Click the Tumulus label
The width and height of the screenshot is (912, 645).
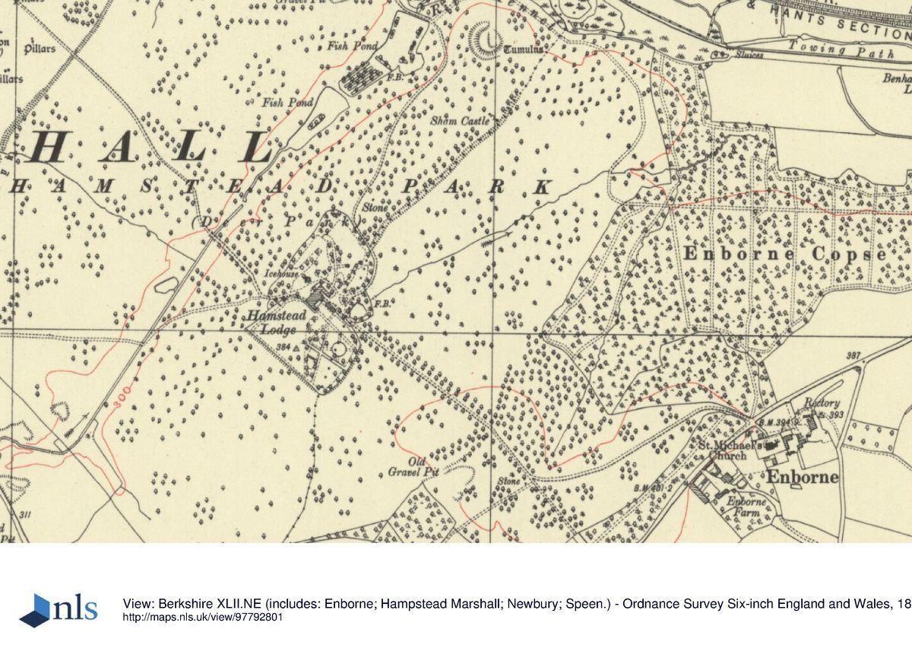(524, 50)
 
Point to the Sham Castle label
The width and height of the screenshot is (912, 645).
(460, 121)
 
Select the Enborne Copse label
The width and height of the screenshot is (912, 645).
(784, 254)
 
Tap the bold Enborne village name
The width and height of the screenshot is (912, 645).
(801, 477)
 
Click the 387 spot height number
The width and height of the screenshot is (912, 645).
(853, 356)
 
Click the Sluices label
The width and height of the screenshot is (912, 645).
(749, 56)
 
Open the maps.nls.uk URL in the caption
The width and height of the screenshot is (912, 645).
(203, 617)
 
